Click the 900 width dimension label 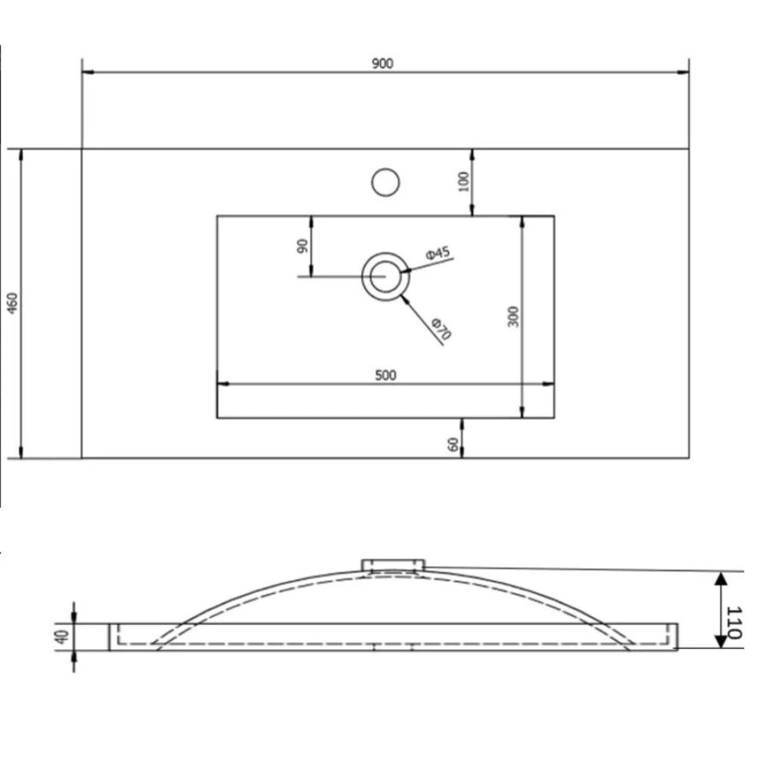(382, 64)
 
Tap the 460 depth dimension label (13, 303)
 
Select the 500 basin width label (385, 375)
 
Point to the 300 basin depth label (513, 316)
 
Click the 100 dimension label (463, 182)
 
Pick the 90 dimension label (302, 246)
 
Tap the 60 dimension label (453, 444)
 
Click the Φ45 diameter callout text (438, 253)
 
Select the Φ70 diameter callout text (441, 329)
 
